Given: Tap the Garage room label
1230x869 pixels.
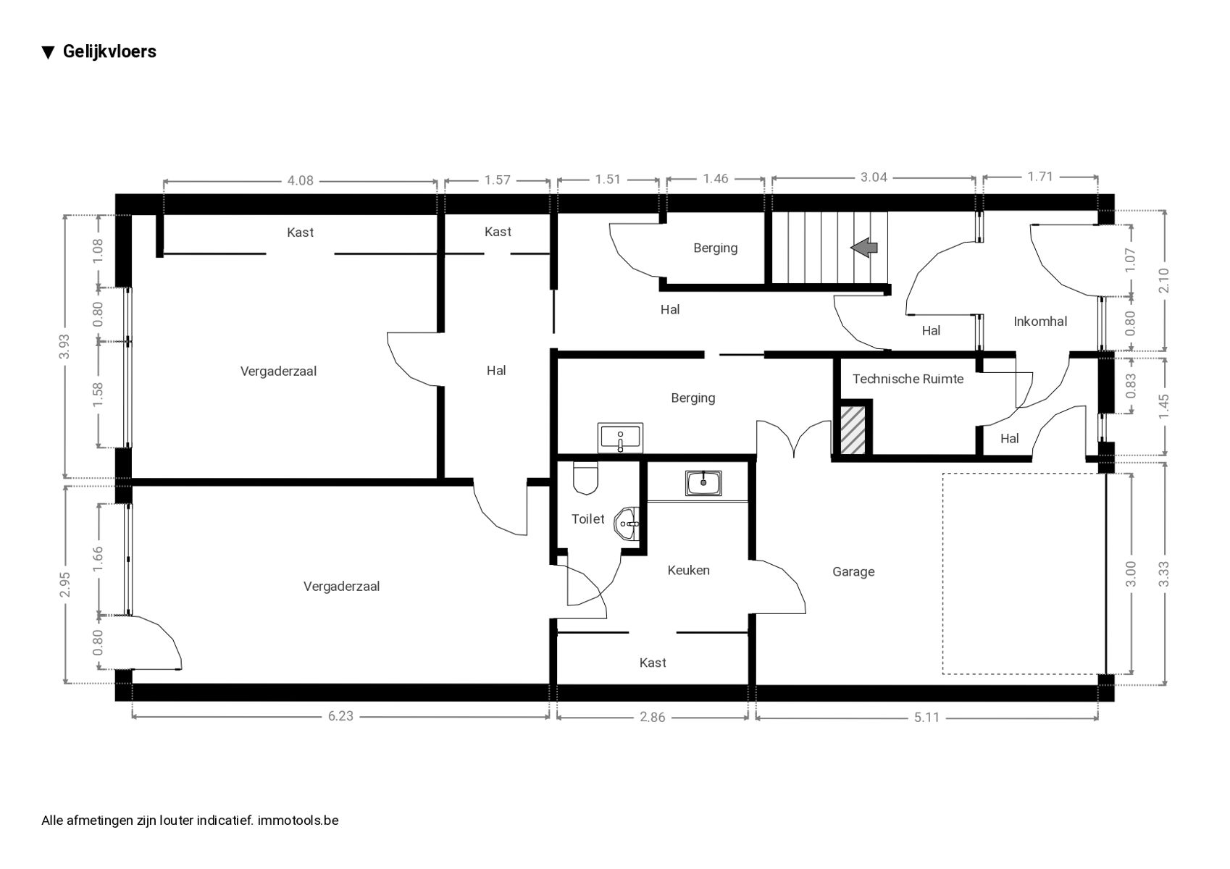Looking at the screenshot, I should [853, 572].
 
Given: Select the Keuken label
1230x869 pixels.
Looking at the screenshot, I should [688, 571].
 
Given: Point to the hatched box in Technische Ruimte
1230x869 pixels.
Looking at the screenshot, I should [853, 430].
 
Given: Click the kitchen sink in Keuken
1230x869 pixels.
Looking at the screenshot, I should [703, 483].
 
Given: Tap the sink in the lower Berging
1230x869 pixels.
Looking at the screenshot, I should [620, 438].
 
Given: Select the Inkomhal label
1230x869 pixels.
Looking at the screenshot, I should [1039, 322].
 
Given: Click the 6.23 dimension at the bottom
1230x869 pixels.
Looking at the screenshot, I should [340, 716].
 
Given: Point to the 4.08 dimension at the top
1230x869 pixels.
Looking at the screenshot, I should [300, 180].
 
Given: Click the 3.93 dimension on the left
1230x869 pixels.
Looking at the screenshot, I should [65, 346].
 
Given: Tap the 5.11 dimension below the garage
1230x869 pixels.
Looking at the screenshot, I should [926, 718].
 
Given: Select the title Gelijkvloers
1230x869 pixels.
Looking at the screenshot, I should [109, 51].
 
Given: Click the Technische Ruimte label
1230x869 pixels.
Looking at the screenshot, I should [908, 379].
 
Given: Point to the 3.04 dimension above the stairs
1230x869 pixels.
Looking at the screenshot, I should [873, 177].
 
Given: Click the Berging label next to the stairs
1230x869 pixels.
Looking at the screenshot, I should [715, 248].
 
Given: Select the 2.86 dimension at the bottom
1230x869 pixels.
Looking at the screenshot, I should [652, 718].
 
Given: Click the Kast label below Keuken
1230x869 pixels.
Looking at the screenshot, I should [652, 663].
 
